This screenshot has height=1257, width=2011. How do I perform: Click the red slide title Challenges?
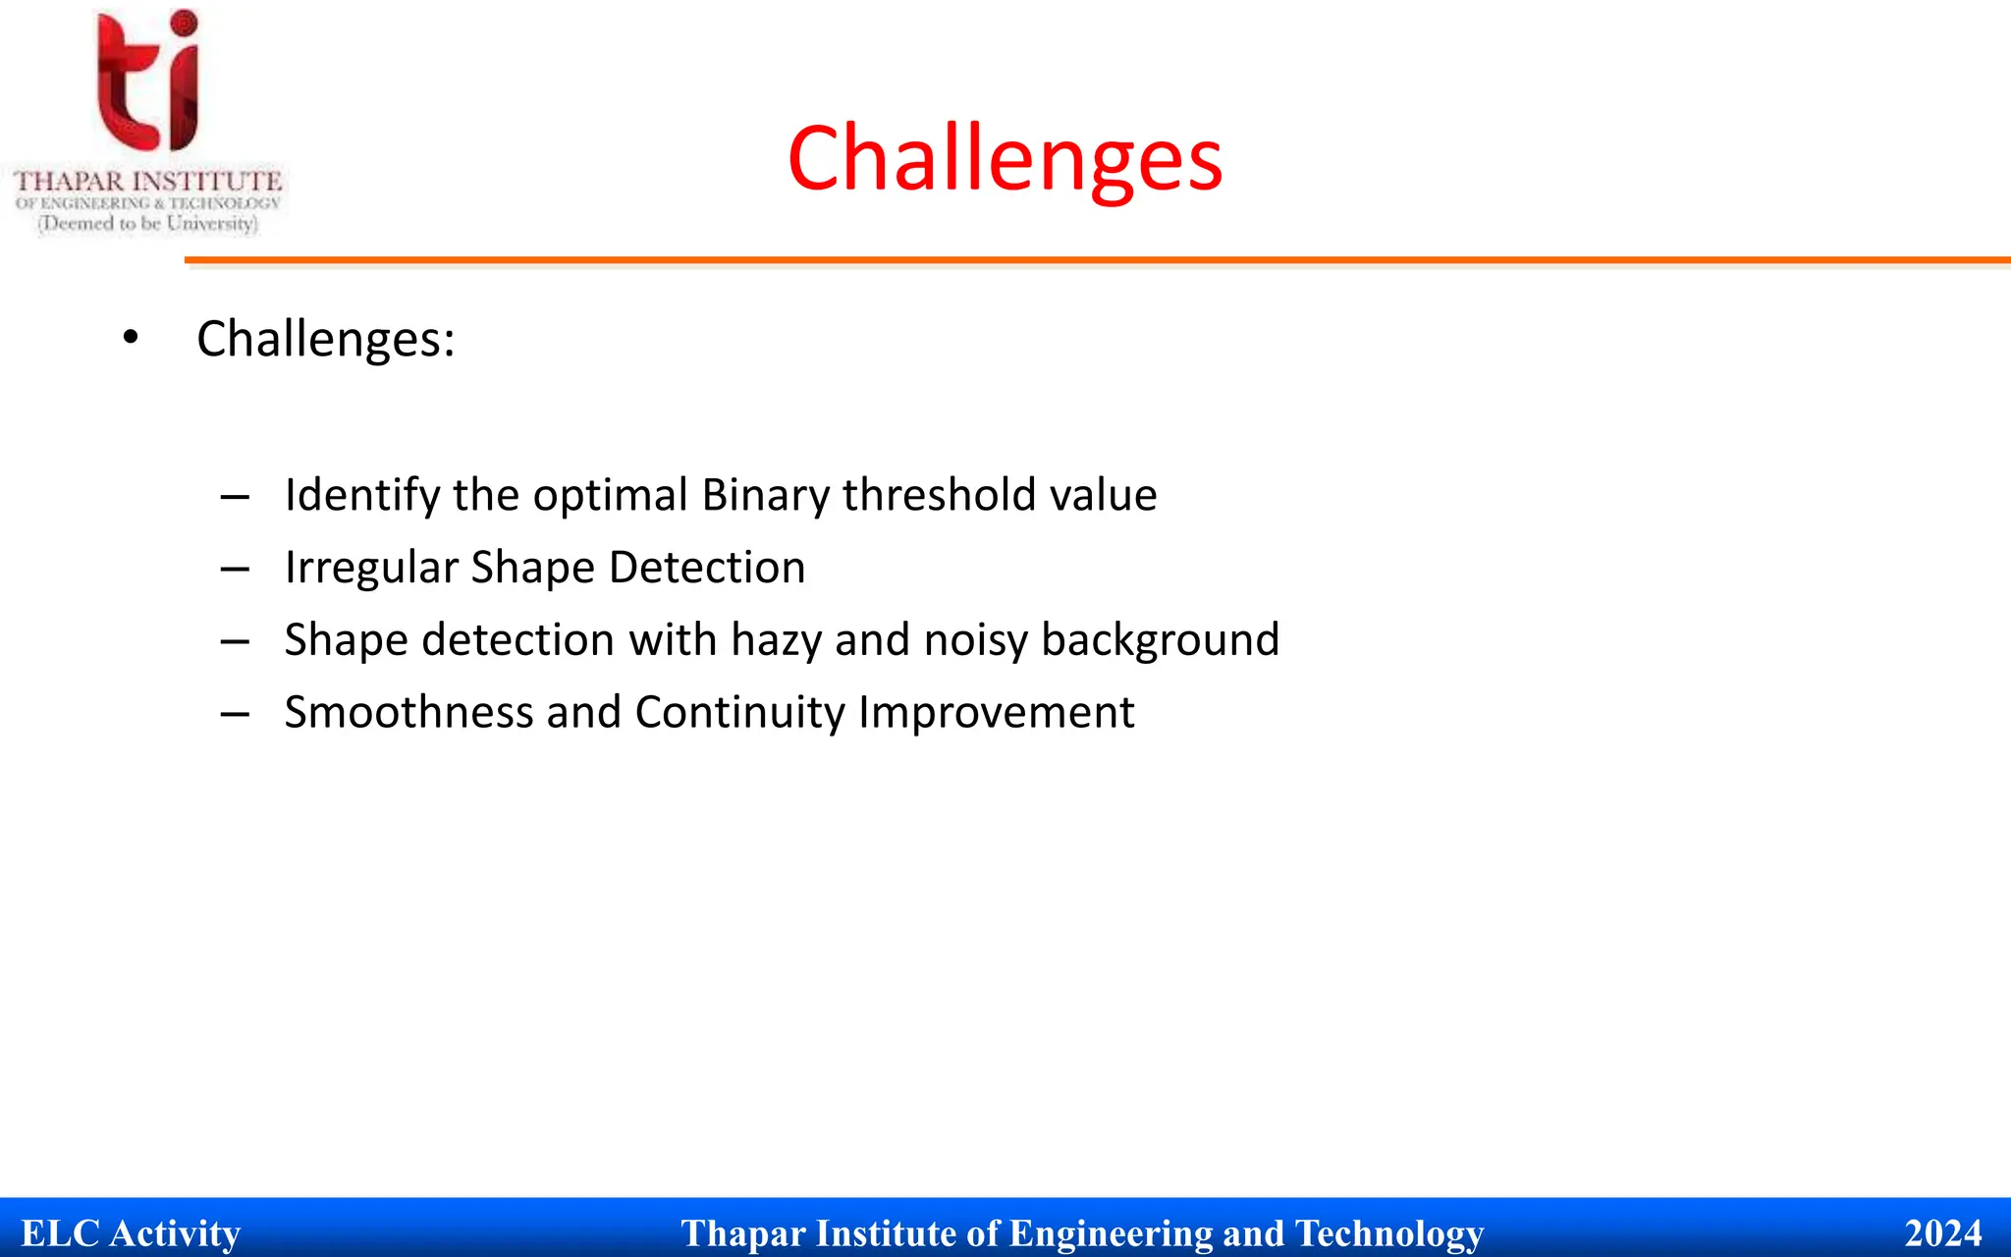(1005, 159)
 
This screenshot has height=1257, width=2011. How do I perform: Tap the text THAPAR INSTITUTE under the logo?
(147, 182)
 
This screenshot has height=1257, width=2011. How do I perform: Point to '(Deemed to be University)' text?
(147, 224)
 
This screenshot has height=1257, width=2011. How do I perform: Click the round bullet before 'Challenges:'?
(131, 338)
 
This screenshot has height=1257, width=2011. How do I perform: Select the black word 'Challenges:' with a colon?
(325, 339)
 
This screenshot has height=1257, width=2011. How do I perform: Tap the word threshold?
(939, 494)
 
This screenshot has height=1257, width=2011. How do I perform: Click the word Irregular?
(371, 568)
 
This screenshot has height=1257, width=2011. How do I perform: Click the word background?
(1160, 639)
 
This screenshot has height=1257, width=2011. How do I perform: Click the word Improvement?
(996, 712)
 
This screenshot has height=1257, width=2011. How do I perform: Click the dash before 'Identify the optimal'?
(235, 498)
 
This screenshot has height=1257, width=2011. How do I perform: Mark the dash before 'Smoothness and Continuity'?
(235, 715)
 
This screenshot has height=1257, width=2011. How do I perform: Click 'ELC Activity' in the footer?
(131, 1233)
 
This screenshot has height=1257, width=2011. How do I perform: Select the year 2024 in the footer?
(1942, 1233)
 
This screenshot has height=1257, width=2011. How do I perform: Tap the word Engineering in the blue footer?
(1111, 1233)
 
